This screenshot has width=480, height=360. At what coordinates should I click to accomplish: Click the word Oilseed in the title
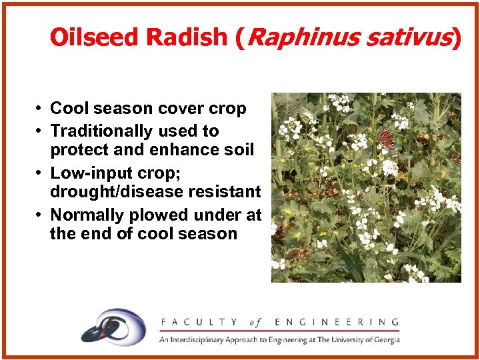[x=92, y=37]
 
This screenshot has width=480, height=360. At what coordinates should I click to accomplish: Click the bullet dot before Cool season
[x=41, y=109]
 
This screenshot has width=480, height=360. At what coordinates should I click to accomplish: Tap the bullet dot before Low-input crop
[x=41, y=173]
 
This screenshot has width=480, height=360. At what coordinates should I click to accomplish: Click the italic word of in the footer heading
[x=255, y=322]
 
